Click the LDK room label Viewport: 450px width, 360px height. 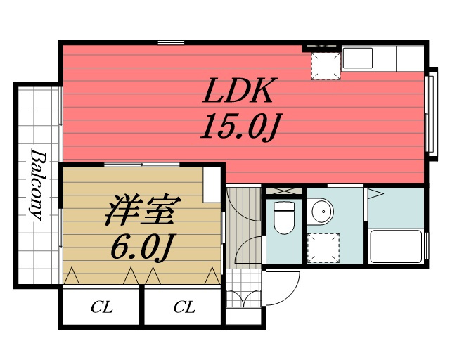point(238,90)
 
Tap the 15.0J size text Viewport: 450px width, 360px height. point(240,127)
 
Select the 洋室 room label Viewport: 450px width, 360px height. point(143,210)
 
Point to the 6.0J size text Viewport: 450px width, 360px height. point(143,246)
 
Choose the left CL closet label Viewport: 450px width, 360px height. point(101,307)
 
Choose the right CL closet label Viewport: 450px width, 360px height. point(184,307)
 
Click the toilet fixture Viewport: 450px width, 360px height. point(284,217)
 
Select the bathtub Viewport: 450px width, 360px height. point(396,246)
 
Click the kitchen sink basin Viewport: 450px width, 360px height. point(358,58)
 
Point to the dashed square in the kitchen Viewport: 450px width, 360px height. point(326,66)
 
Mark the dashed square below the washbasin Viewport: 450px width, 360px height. point(323,248)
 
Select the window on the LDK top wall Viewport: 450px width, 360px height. point(171,43)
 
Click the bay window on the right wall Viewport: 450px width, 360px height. point(431,114)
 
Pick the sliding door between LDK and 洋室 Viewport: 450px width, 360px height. point(141,165)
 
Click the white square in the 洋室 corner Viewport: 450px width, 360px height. point(212,186)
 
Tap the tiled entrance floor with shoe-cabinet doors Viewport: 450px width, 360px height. point(243,288)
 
